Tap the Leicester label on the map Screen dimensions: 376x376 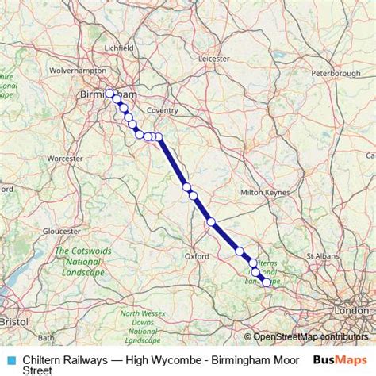(x=213, y=58)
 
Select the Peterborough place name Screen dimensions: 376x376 (x=336, y=74)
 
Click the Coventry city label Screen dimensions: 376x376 (x=162, y=110)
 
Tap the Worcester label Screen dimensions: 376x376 (x=64, y=159)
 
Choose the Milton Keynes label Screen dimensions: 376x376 (x=263, y=193)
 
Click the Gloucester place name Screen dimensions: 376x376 (x=61, y=231)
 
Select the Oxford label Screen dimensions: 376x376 (x=196, y=256)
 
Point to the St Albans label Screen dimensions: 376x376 (x=322, y=256)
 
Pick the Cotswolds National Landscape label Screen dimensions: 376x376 (x=79, y=262)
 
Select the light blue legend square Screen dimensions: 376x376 (x=11, y=359)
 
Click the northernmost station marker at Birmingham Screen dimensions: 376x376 (x=110, y=94)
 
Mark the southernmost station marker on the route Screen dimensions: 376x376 (x=266, y=282)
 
